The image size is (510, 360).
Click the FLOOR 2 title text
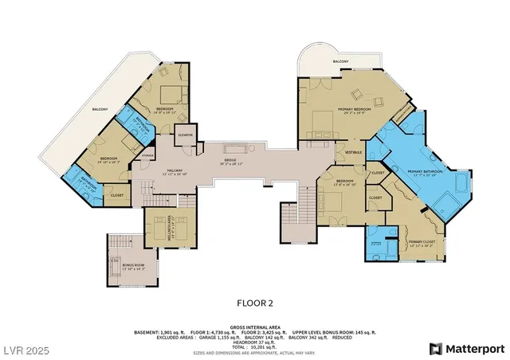click(x=255, y=302)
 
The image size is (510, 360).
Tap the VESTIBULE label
click(x=353, y=152)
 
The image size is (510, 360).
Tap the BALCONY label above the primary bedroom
click(x=341, y=61)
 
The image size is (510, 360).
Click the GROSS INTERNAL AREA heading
click(x=255, y=327)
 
